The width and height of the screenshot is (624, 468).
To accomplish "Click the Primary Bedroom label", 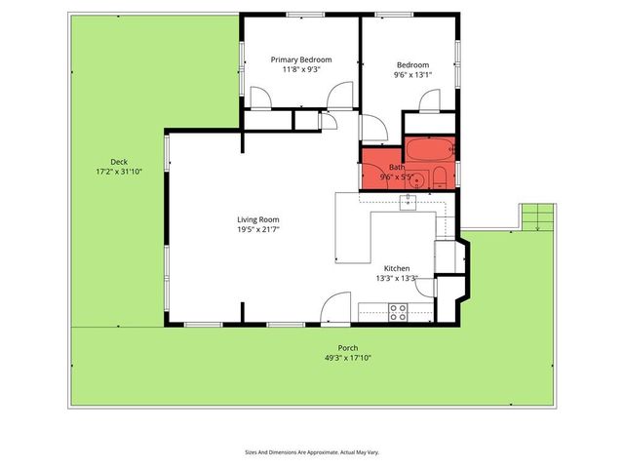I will [x=300, y=59].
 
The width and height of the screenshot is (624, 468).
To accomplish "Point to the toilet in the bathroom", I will [x=440, y=177].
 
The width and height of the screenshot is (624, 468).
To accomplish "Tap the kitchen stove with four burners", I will [x=398, y=312].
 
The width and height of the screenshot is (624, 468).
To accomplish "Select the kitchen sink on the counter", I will [x=407, y=202].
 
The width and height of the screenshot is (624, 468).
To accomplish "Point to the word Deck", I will [x=118, y=162].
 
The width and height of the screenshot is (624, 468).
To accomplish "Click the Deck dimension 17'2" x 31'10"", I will [x=118, y=172].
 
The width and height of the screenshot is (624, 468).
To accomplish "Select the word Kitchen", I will [x=396, y=268].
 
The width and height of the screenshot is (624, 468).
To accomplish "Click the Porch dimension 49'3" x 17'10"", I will [x=348, y=358].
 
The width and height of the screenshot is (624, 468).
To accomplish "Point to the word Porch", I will [x=348, y=348].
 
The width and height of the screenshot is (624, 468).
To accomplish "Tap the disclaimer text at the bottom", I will [x=312, y=452].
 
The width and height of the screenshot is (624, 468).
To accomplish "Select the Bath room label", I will [x=397, y=167].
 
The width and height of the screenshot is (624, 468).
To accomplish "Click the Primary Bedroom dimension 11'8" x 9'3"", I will [x=300, y=69].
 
